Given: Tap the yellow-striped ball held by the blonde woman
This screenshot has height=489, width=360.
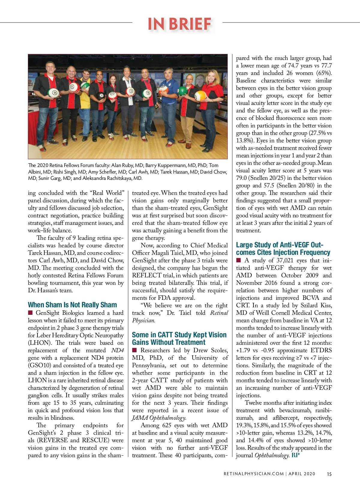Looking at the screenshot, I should click(x=200, y=96).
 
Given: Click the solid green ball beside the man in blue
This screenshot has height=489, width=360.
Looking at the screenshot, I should click(x=182, y=91).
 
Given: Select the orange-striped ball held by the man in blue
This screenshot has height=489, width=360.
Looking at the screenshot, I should click(x=163, y=89).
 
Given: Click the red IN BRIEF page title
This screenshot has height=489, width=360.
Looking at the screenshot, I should click(x=179, y=24).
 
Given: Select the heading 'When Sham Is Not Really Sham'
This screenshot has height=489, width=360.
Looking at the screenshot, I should click(x=72, y=305).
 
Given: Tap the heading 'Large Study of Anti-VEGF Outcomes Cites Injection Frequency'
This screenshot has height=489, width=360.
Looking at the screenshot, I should click(x=283, y=249).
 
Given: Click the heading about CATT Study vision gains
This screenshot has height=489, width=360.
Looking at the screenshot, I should click(x=179, y=338).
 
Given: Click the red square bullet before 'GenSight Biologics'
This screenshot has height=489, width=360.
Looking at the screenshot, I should click(x=30, y=313).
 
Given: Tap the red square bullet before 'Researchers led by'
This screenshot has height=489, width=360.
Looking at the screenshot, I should click(x=134, y=350).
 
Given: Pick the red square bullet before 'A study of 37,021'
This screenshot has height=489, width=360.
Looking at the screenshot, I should click(x=238, y=260).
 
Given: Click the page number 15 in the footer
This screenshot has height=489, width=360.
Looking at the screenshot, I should click(x=329, y=474).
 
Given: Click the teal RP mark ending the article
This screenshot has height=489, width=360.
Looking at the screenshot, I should click(x=295, y=455).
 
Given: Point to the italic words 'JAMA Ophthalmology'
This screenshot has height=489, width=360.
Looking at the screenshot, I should click(x=159, y=418).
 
